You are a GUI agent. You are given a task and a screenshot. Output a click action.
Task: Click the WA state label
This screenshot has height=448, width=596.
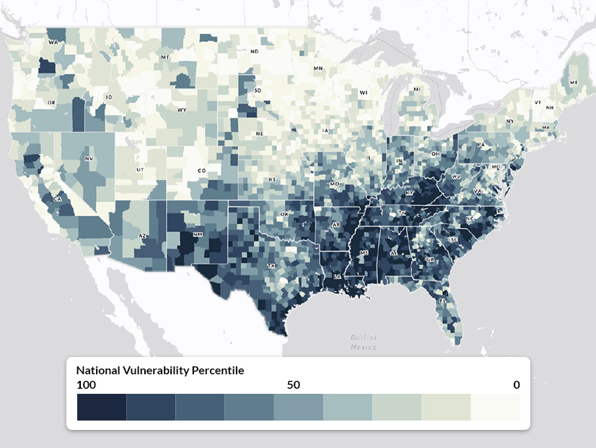(53, 43)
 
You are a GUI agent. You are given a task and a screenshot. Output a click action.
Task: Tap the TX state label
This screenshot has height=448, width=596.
(272, 266)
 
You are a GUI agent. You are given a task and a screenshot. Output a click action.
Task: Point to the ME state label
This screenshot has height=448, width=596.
(574, 83)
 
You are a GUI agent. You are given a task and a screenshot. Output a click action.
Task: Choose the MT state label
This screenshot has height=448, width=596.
(165, 56)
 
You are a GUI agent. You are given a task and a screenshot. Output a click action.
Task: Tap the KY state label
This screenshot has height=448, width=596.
(409, 194)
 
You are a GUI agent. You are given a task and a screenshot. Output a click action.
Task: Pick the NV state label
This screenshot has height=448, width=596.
(89, 158)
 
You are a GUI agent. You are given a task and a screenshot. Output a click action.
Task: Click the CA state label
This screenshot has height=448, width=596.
(56, 199)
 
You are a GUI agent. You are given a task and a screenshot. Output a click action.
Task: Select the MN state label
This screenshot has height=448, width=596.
(318, 69)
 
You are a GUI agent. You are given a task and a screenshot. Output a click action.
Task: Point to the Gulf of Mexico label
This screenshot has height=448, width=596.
(364, 343)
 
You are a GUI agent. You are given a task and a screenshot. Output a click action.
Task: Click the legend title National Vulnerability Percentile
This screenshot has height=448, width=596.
(160, 371)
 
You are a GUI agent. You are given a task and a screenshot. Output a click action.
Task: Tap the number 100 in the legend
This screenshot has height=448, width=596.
(86, 385)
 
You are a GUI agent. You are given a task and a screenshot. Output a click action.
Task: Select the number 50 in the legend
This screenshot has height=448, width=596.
(293, 385)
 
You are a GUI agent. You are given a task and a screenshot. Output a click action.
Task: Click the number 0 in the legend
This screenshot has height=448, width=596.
(516, 385)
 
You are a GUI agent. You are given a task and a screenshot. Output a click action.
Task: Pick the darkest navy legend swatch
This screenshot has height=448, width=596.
(102, 407)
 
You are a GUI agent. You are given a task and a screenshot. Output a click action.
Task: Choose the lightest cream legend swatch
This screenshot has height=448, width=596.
(495, 407)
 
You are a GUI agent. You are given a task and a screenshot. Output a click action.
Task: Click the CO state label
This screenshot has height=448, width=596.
(201, 171)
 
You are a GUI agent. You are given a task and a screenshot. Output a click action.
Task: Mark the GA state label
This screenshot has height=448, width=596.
(431, 259)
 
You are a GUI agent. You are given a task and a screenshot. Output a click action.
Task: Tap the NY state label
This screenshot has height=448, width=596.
(510, 121)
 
